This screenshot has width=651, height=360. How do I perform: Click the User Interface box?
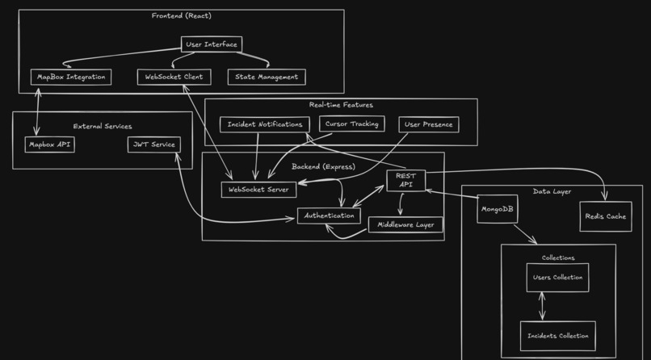(211, 44)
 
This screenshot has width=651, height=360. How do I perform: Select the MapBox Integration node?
(71, 77)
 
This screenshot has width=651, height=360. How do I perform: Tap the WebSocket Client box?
(174, 77)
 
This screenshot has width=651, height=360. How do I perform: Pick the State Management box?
(267, 77)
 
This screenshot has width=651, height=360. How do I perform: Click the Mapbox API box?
(50, 144)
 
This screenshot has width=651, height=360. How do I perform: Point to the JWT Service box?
(153, 144)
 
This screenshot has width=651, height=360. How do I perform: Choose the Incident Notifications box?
(264, 124)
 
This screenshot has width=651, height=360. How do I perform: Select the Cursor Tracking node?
(351, 124)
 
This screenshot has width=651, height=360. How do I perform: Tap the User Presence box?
(429, 124)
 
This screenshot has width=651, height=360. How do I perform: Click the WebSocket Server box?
(258, 190)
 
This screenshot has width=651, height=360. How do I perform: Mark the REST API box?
(405, 180)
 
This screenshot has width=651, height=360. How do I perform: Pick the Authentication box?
(329, 216)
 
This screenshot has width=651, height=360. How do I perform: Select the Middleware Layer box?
(405, 224)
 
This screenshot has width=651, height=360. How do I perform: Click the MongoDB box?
(497, 209)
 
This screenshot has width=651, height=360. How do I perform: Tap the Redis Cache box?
(605, 216)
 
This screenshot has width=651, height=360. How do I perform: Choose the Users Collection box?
(557, 278)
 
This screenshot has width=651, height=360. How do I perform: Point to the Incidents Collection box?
(557, 335)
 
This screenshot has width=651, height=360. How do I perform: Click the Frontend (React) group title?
(182, 16)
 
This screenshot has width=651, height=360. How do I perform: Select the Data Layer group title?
(552, 191)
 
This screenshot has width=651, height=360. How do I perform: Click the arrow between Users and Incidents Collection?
(542, 306)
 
